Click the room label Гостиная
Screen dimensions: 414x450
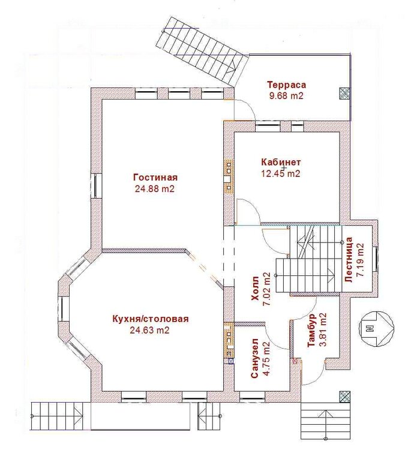coord(155,178)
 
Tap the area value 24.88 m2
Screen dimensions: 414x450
coord(155,189)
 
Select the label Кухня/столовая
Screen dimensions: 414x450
coord(150,319)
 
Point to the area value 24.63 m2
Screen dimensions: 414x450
coord(150,331)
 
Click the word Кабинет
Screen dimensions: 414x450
coord(281,162)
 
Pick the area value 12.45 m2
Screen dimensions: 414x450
coord(281,173)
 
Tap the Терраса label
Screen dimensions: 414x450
coord(287,85)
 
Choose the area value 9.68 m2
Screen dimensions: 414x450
coord(286,95)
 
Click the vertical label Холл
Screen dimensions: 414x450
coord(255,288)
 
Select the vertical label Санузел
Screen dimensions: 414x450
coord(254,359)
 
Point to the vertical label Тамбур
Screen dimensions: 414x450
coord(311,331)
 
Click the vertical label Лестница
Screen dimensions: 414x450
coord(349,260)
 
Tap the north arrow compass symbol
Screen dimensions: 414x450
coord(376,328)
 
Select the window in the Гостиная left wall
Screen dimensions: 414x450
coord(96,185)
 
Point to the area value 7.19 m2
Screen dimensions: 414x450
coord(360,260)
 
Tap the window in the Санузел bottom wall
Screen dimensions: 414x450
coord(253,397)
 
